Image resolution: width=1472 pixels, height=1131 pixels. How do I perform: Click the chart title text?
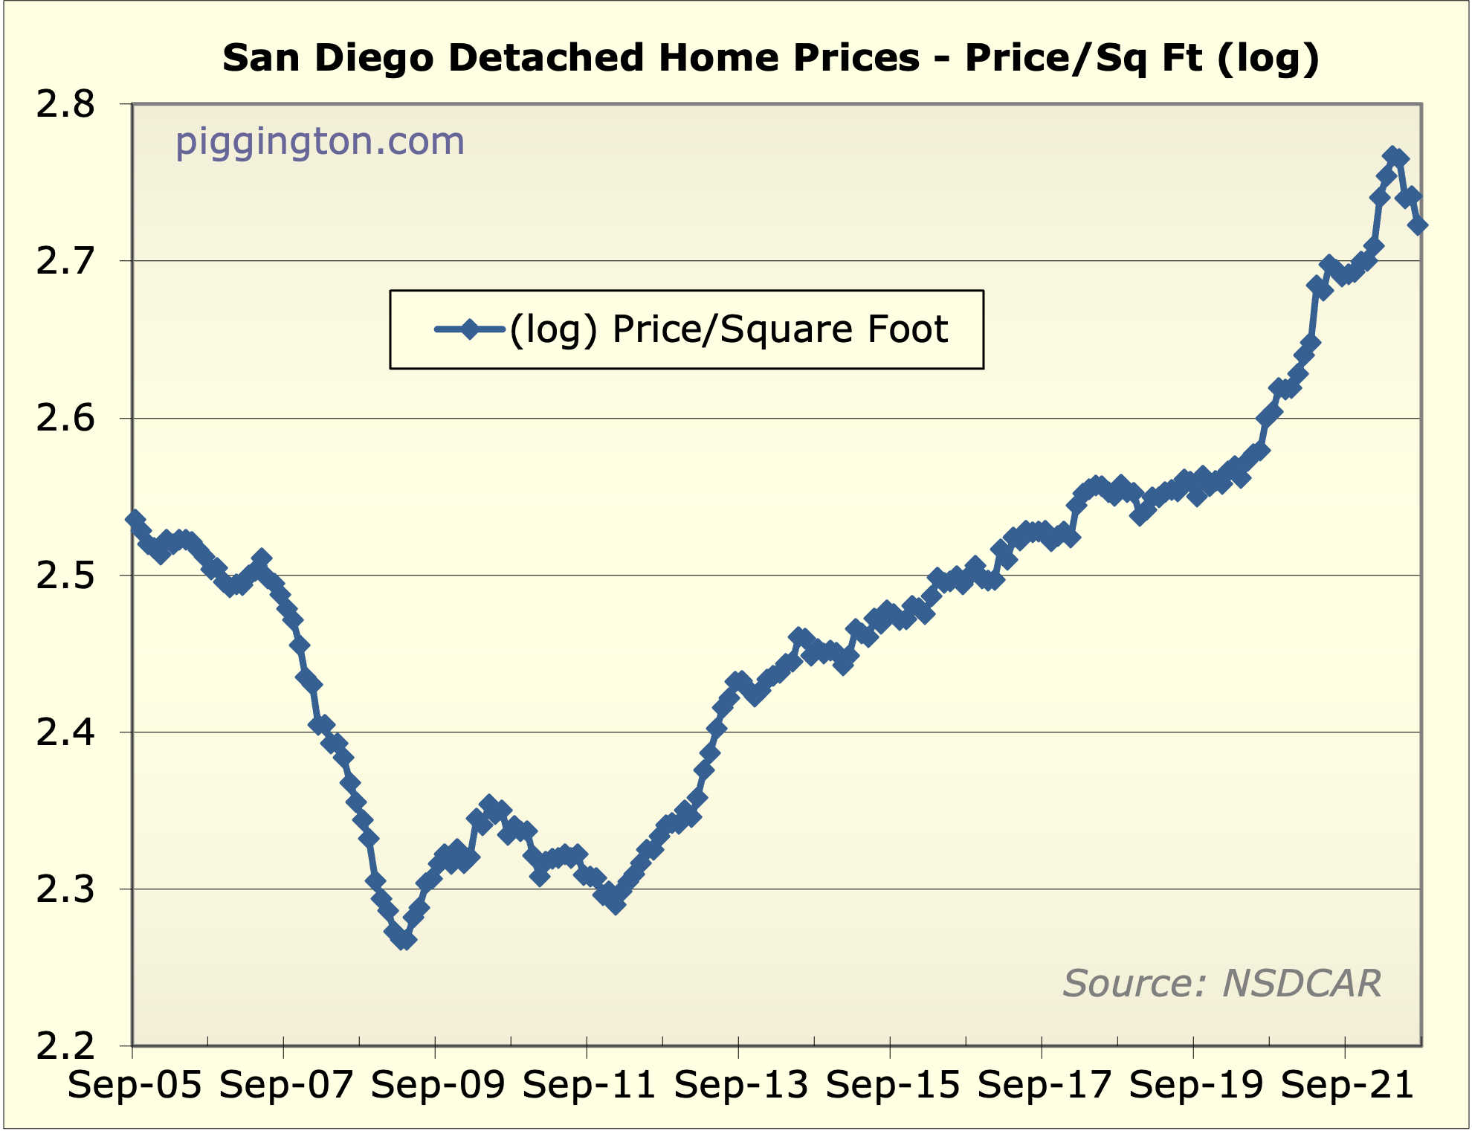pyautogui.click(x=771, y=59)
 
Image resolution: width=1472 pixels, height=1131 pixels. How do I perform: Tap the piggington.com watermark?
pyautogui.click(x=320, y=141)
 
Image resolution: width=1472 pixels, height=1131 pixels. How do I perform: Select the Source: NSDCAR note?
pyautogui.click(x=1221, y=983)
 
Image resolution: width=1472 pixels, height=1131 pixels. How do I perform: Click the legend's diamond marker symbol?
pyautogui.click(x=470, y=329)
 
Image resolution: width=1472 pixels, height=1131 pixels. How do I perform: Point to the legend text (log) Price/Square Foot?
pyautogui.click(x=728, y=329)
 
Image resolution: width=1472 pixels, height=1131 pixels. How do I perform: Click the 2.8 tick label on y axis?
pyautogui.click(x=65, y=105)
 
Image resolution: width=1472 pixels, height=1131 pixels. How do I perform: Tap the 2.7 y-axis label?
pyautogui.click(x=65, y=262)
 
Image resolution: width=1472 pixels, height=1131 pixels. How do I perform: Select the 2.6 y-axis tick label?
pyautogui.click(x=65, y=419)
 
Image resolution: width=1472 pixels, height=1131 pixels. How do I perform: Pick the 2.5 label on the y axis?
pyautogui.click(x=65, y=576)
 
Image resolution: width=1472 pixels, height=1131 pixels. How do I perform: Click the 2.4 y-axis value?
pyautogui.click(x=65, y=733)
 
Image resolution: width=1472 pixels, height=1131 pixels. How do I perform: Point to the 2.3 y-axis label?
pyautogui.click(x=65, y=890)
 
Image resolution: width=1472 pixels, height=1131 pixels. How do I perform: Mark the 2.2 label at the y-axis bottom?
pyautogui.click(x=65, y=1046)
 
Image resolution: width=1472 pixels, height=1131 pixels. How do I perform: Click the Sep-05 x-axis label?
pyautogui.click(x=135, y=1085)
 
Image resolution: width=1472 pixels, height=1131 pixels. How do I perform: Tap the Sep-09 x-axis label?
pyautogui.click(x=438, y=1085)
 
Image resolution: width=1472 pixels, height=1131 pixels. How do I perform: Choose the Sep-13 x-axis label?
pyautogui.click(x=741, y=1085)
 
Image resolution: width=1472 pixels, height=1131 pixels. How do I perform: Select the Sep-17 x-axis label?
pyautogui.click(x=1044, y=1085)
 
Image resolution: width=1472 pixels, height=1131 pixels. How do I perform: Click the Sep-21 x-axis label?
pyautogui.click(x=1347, y=1085)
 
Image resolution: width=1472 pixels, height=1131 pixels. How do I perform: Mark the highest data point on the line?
pyautogui.click(x=1392, y=155)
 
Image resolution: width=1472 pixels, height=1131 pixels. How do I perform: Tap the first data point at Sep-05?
pyautogui.click(x=135, y=519)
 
